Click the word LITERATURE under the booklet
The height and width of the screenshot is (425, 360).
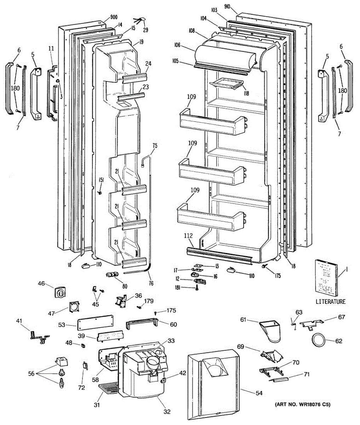pos(330,302)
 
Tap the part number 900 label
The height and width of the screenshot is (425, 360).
pos(114,17)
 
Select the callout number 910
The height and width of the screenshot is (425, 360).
pos(228,6)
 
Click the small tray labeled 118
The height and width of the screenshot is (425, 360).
pos(227,84)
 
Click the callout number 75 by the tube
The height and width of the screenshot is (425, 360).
pos(155,145)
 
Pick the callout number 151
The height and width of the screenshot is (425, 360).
pos(101,180)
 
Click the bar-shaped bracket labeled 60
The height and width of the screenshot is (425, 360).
pos(142,323)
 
